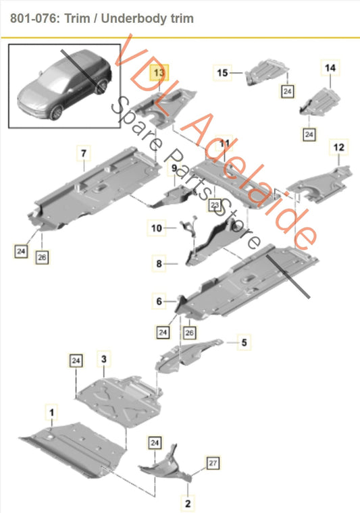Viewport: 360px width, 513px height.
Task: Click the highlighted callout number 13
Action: (159, 73)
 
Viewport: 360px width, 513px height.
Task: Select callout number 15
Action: (222, 73)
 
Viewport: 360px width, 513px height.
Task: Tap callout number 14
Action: (330, 67)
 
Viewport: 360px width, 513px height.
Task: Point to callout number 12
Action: (339, 147)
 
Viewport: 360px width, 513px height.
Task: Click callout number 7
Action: (84, 153)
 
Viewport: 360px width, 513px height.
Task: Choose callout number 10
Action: (157, 227)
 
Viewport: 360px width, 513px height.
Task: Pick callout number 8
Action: (159, 263)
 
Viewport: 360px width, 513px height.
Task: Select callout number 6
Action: (159, 301)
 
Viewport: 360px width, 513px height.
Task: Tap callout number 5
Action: (244, 342)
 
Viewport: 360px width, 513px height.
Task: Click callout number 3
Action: (104, 359)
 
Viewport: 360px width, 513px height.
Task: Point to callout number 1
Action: (51, 412)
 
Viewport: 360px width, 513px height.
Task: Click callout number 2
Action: (188, 503)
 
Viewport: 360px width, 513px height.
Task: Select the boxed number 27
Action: (213, 463)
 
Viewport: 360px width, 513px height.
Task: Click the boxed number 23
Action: (214, 205)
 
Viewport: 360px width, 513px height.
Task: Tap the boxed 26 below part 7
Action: (42, 257)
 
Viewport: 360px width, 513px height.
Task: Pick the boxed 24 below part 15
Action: (287, 91)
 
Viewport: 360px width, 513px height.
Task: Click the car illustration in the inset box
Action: (65, 84)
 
